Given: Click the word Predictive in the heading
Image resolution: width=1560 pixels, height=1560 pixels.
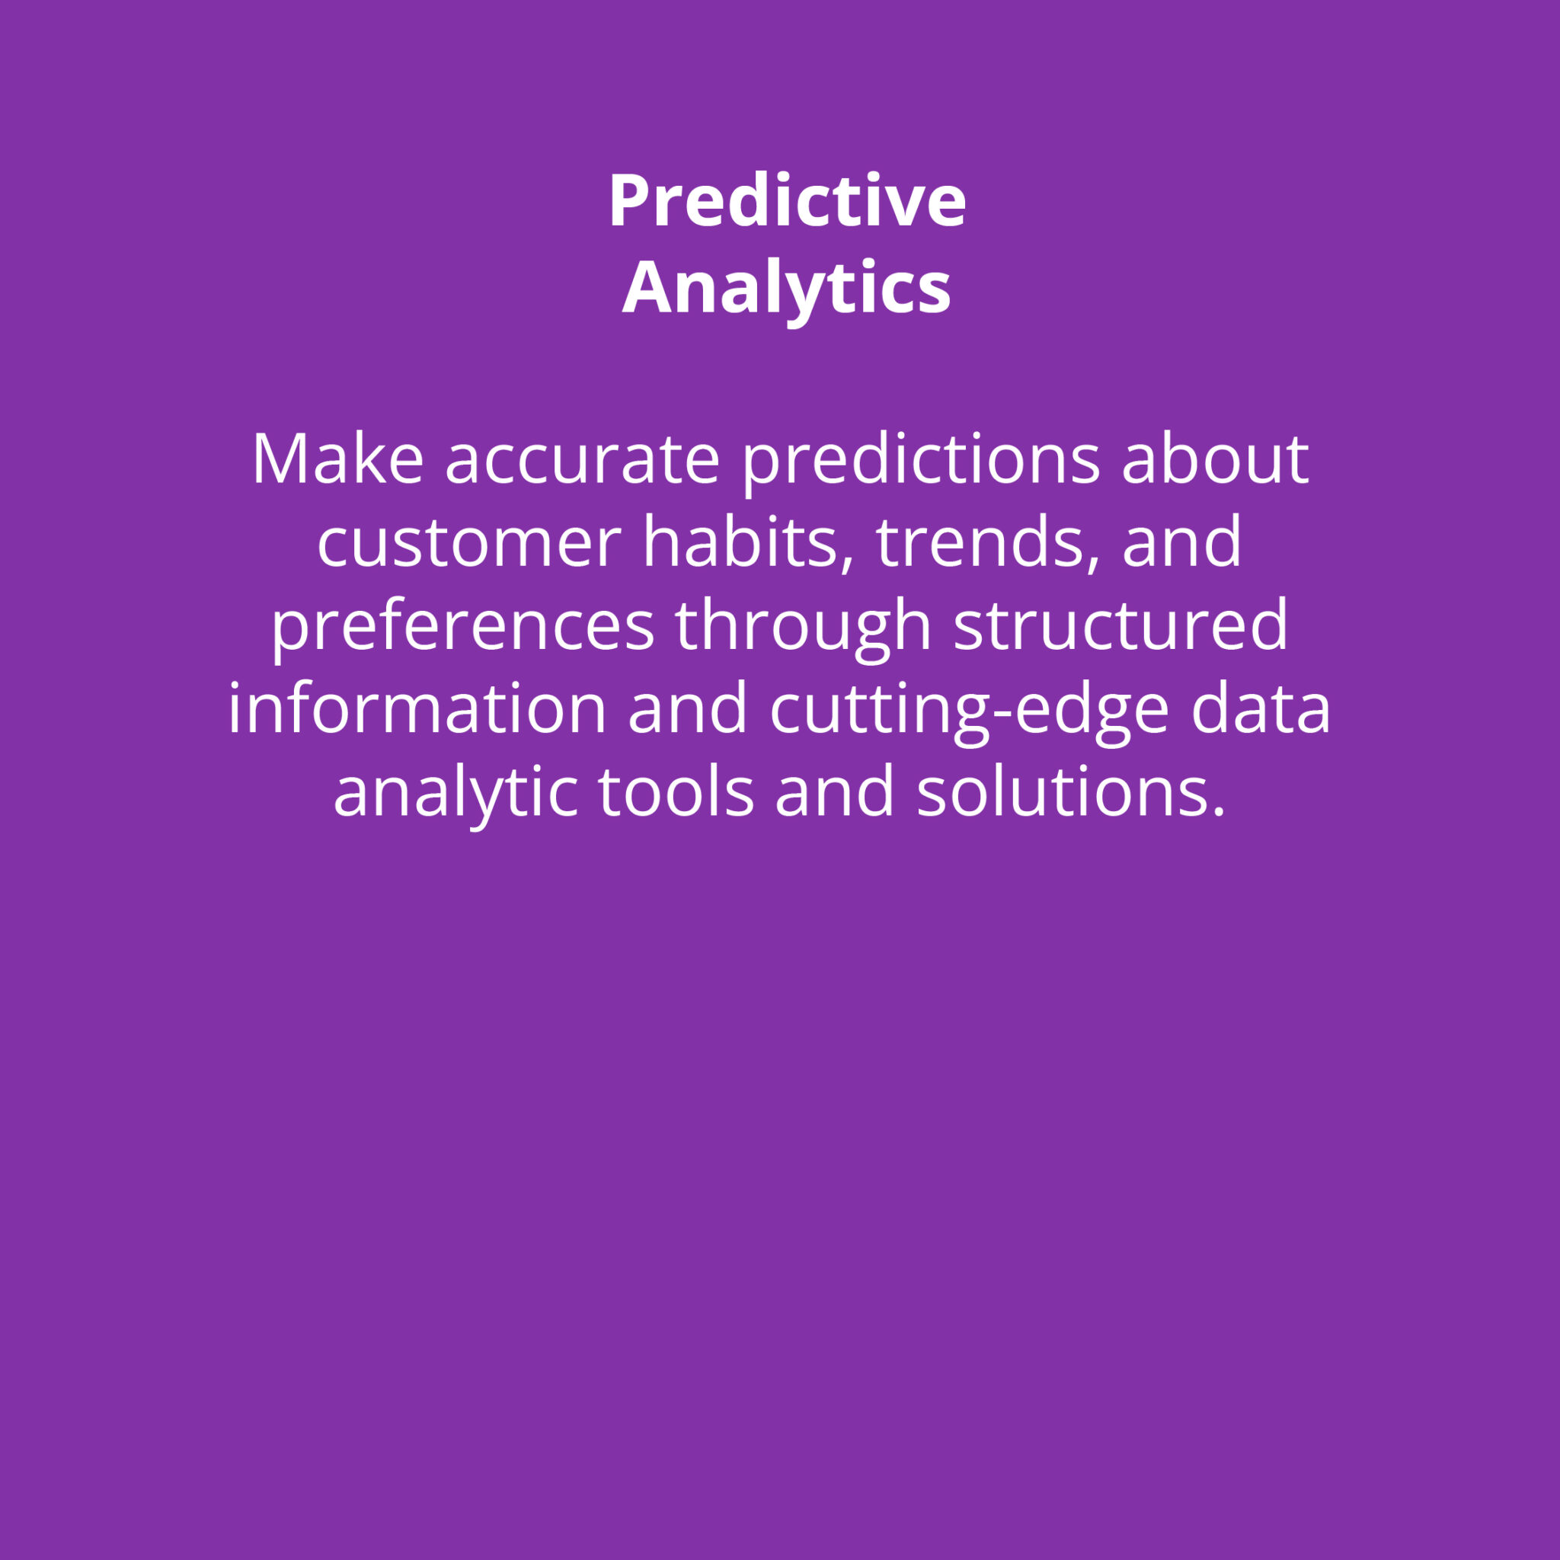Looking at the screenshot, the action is point(788,201).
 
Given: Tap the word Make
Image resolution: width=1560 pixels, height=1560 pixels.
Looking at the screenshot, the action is point(337,459).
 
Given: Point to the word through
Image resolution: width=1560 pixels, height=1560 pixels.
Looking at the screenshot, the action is point(804,631).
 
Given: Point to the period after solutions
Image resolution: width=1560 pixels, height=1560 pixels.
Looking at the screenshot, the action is point(1220,811).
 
